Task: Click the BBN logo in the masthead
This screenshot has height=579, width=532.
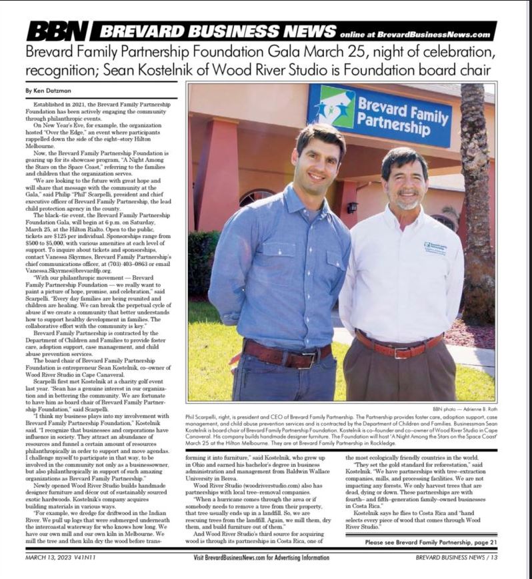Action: [57, 31]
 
